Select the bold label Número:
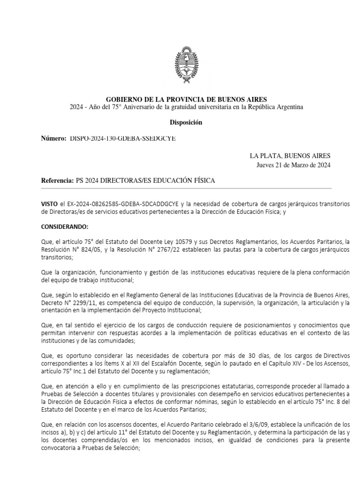coord(54,139)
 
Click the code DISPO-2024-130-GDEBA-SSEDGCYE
coord(124,139)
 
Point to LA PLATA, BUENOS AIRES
coord(290,156)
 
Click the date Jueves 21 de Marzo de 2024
coord(293,165)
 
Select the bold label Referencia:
coord(58,181)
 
